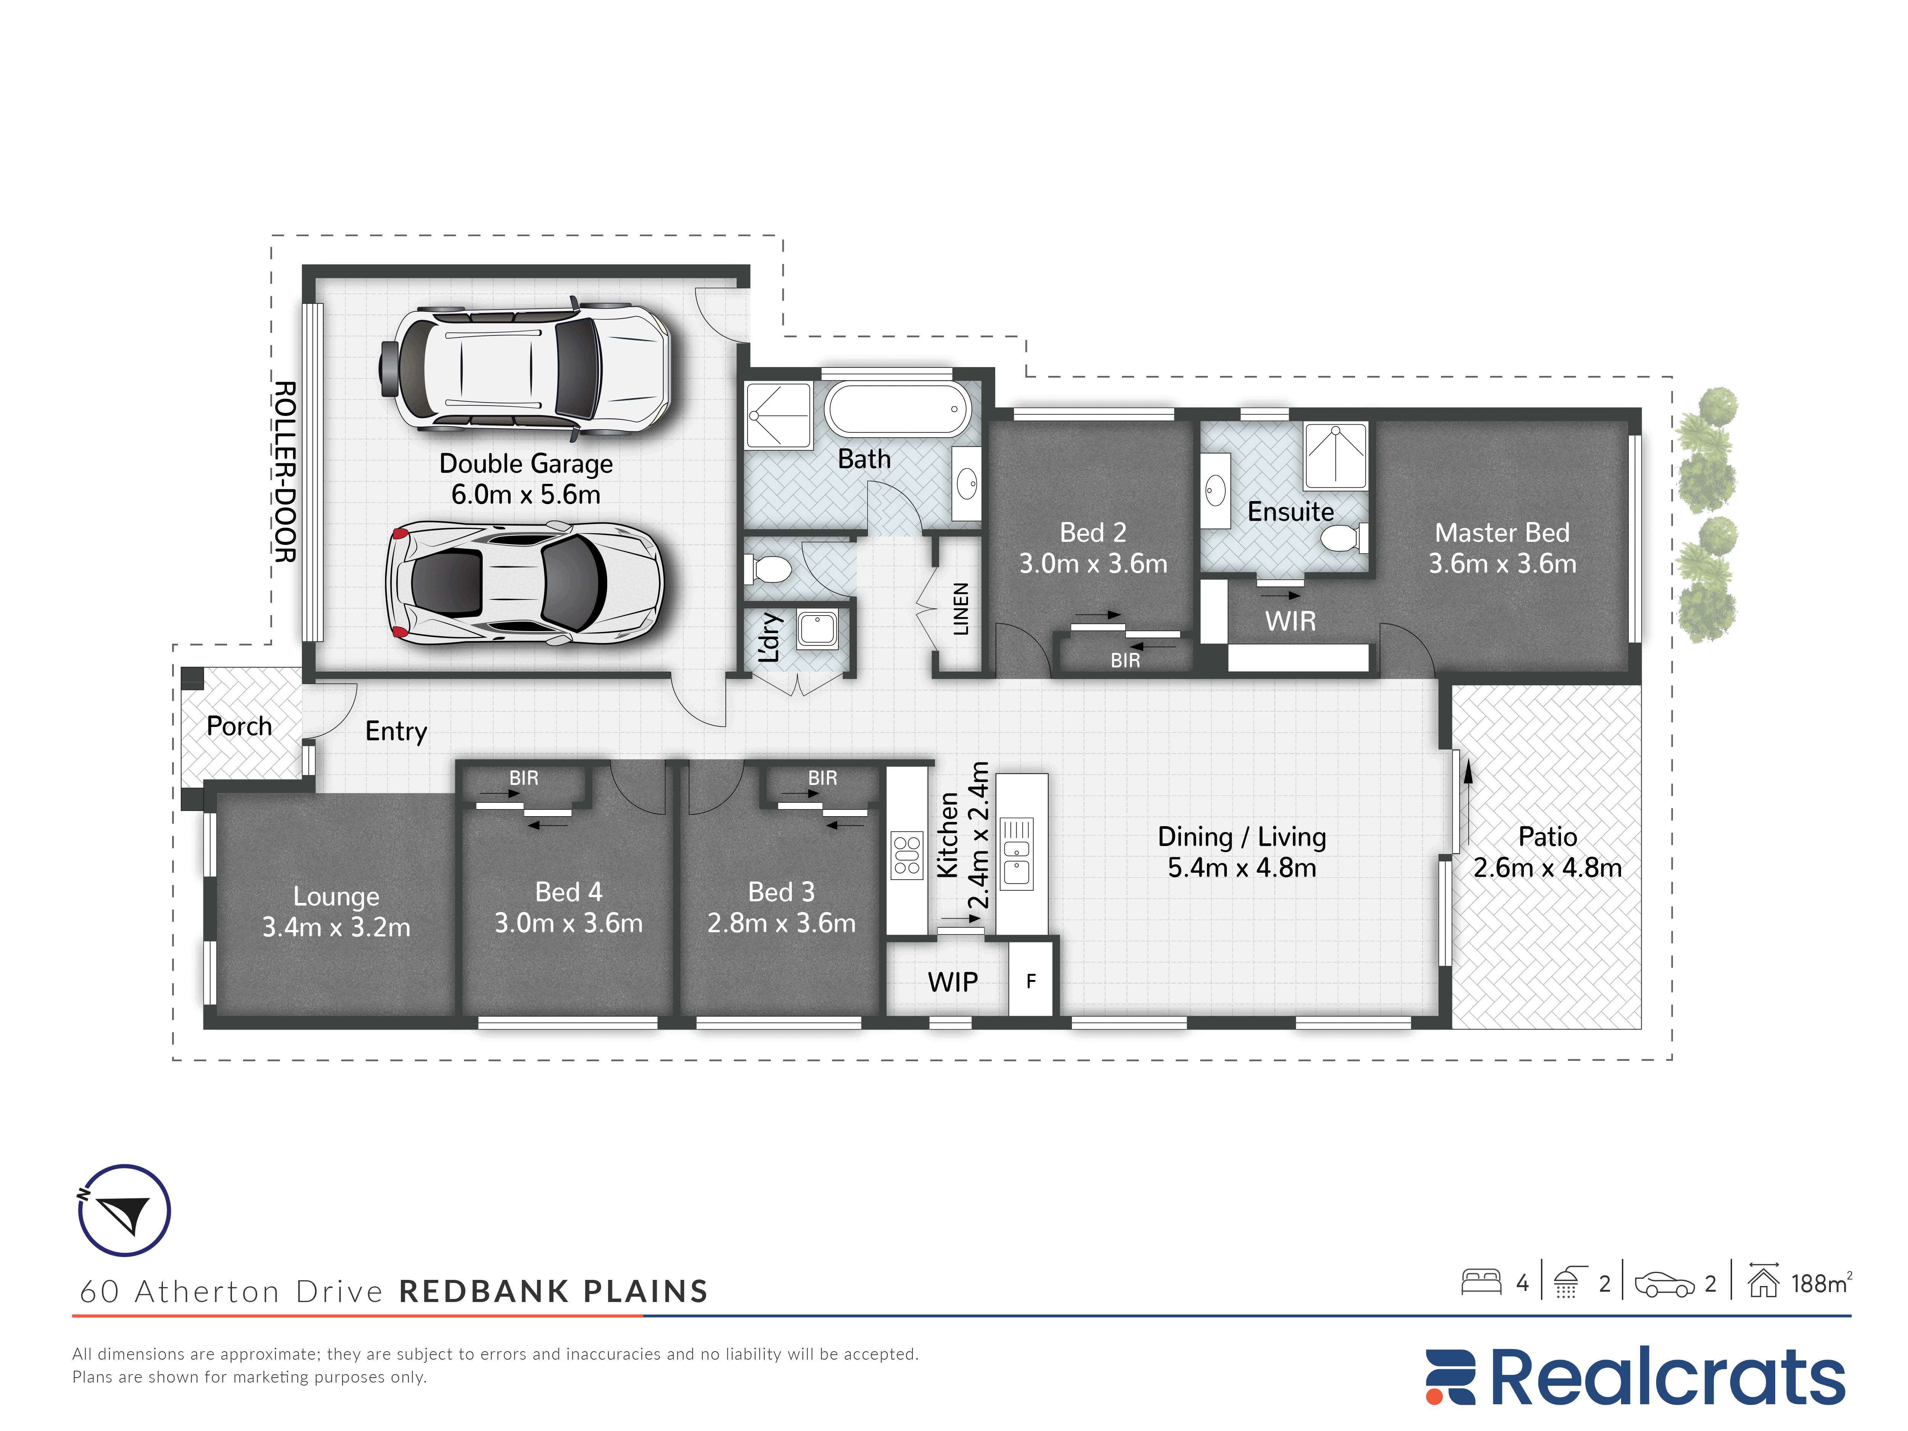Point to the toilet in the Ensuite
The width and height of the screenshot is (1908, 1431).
[x=1344, y=538]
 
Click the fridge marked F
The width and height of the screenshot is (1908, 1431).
[x=1031, y=981]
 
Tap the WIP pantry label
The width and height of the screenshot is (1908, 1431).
[x=952, y=981]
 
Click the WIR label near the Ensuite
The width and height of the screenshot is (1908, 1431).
[x=1291, y=621]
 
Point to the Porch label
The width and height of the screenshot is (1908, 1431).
[x=239, y=726]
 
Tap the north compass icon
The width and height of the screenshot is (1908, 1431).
[x=124, y=1210]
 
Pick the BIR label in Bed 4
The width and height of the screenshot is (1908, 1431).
[x=524, y=778]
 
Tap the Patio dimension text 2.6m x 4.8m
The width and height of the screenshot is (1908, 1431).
[x=1547, y=868]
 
